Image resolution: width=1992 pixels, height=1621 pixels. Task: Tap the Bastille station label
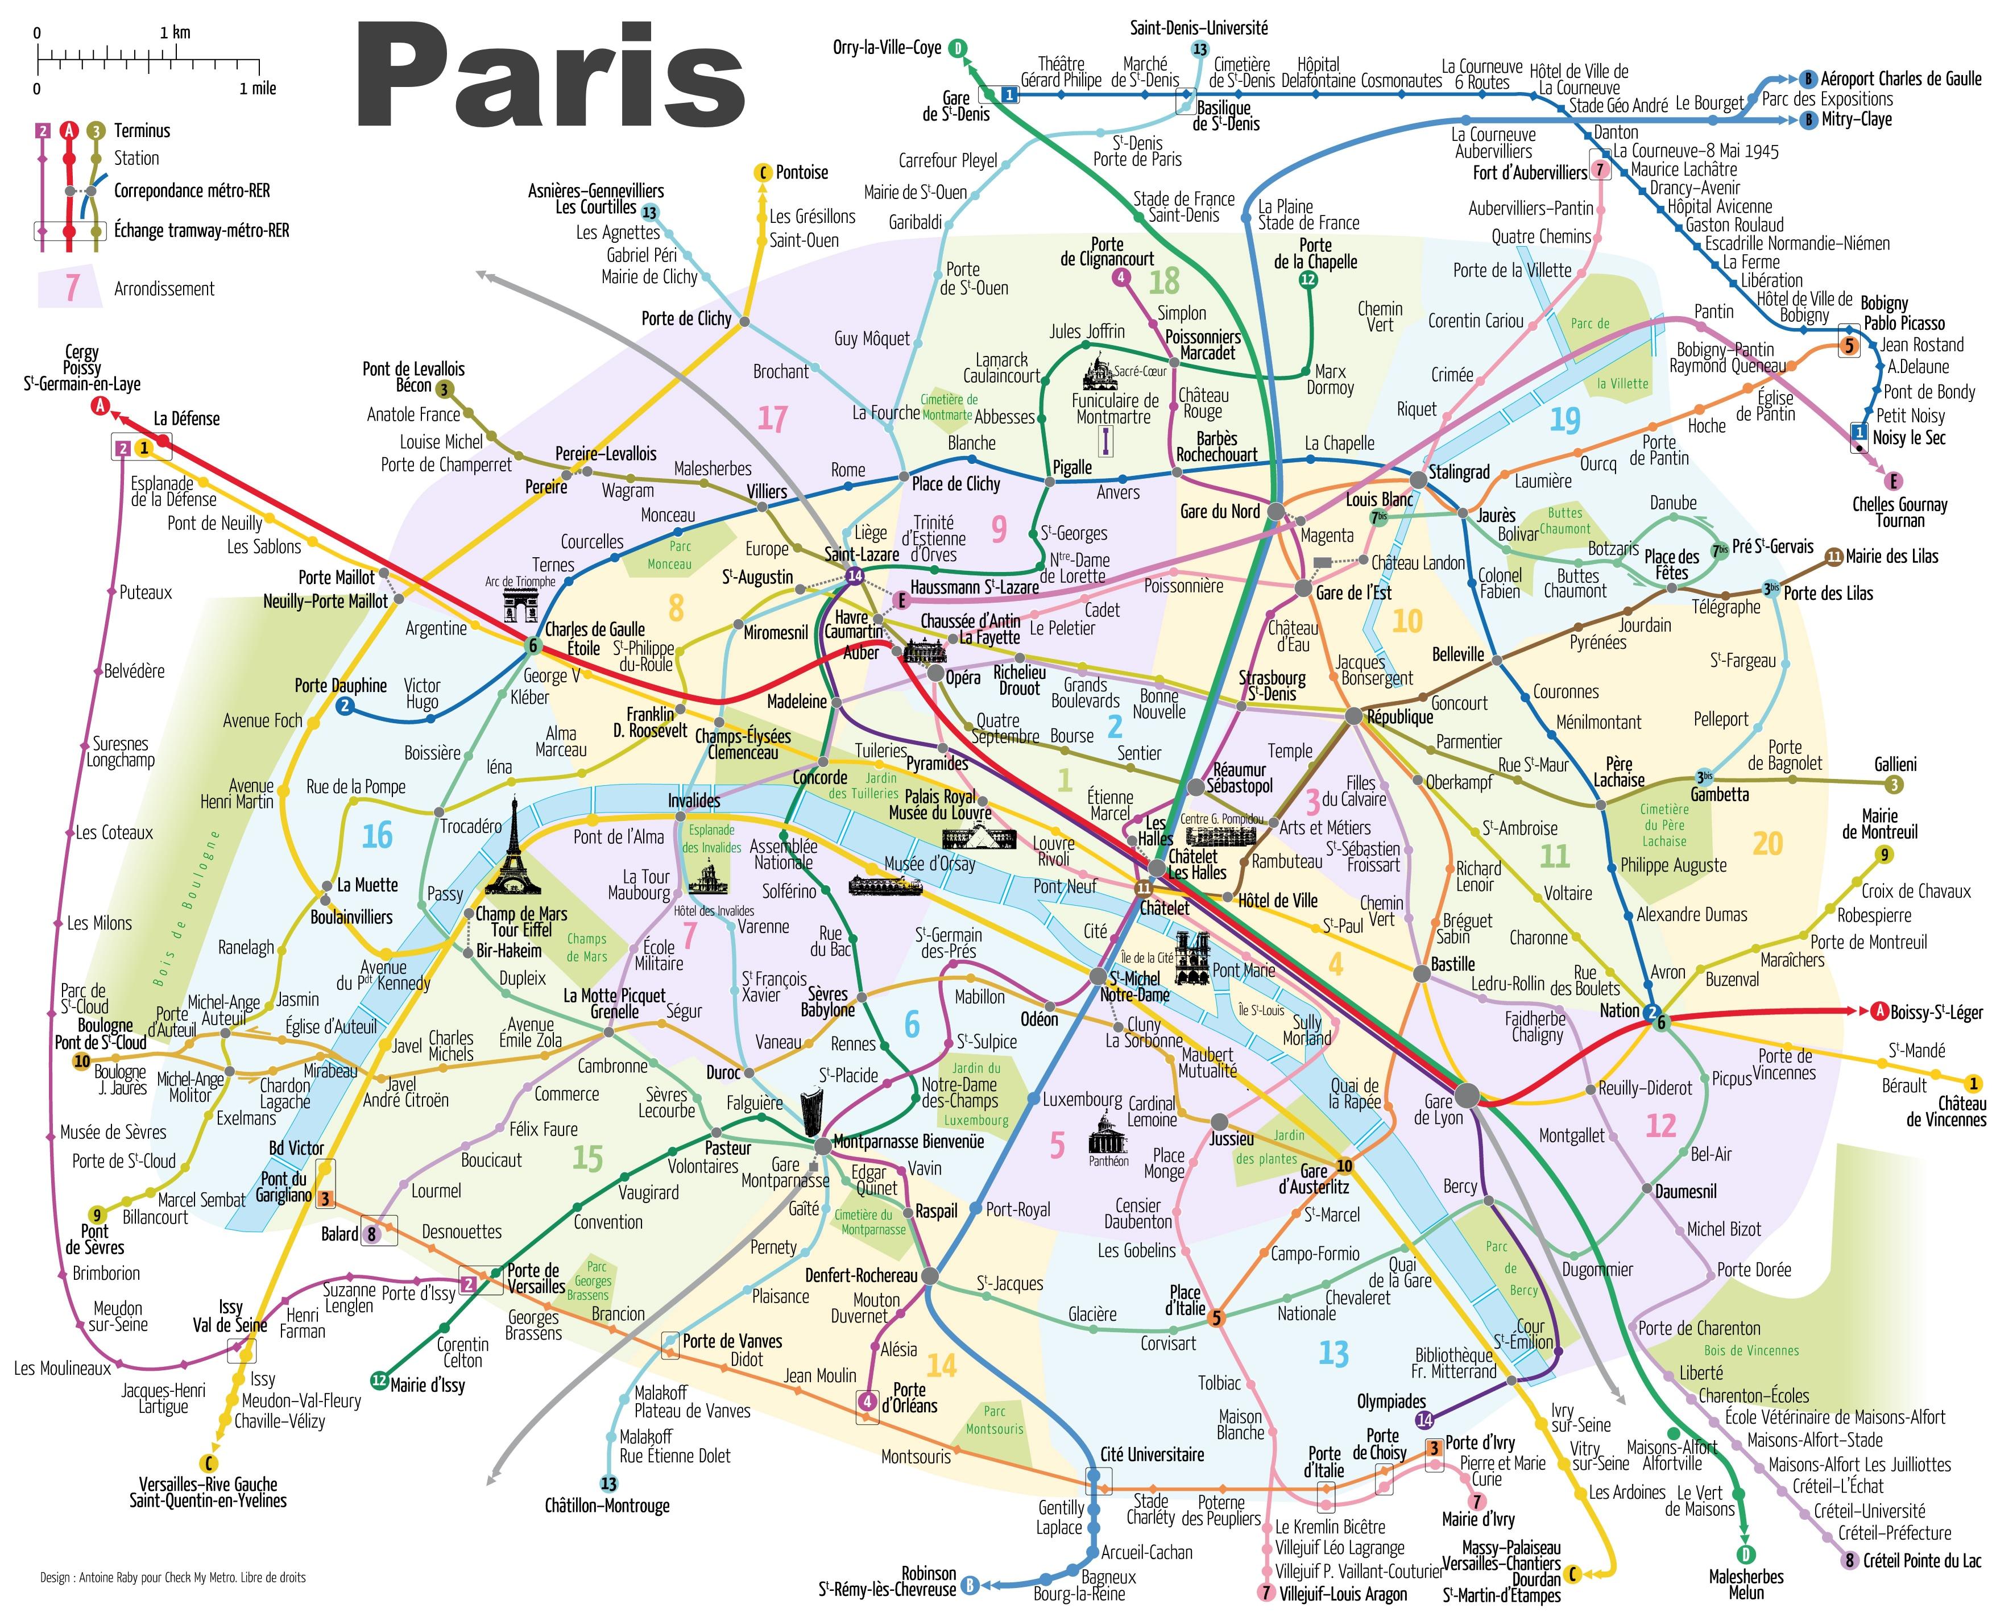1452,964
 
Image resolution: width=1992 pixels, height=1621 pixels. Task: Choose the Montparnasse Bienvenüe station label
908,1141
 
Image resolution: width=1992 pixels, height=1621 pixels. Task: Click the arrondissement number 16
377,836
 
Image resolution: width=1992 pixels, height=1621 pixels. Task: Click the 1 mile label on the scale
258,89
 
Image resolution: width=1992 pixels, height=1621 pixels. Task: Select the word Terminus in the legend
142,131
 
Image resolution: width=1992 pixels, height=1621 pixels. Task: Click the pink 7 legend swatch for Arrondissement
71,288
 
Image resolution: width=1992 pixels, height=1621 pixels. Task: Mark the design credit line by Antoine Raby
173,1578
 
